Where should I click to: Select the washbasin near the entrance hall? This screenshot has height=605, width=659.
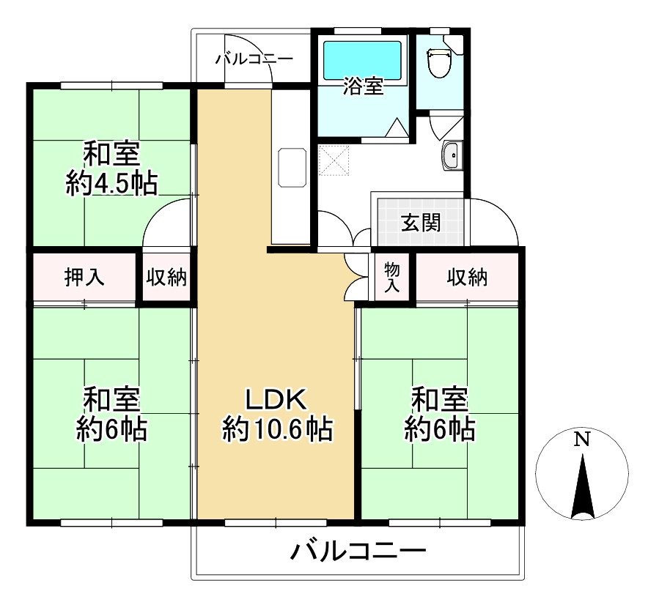(x=452, y=155)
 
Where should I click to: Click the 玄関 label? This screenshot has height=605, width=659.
(x=421, y=223)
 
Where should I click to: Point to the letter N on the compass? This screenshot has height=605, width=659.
(x=582, y=439)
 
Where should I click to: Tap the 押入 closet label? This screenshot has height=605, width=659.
(x=84, y=277)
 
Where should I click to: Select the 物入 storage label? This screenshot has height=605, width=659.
(x=392, y=278)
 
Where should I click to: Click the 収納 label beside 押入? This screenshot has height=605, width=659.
(x=166, y=277)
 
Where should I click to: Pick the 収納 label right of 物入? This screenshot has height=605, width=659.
(x=468, y=277)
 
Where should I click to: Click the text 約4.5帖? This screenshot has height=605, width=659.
(x=111, y=183)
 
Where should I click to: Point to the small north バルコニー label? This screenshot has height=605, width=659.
(x=254, y=59)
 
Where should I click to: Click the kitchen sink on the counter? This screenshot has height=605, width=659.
(x=292, y=167)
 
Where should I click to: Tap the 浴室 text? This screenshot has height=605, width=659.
(x=363, y=86)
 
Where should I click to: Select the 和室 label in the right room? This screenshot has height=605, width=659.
(x=439, y=400)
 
